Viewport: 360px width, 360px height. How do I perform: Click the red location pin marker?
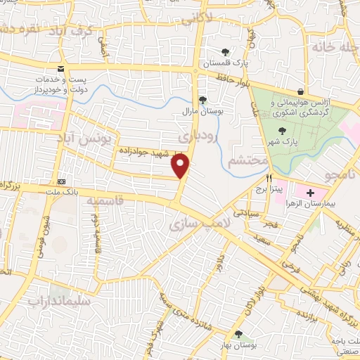pyautogui.click(x=181, y=166)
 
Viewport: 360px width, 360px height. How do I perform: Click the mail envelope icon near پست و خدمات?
pyautogui.click(x=61, y=68)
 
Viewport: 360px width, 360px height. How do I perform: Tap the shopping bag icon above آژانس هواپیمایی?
pyautogui.click(x=300, y=91)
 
